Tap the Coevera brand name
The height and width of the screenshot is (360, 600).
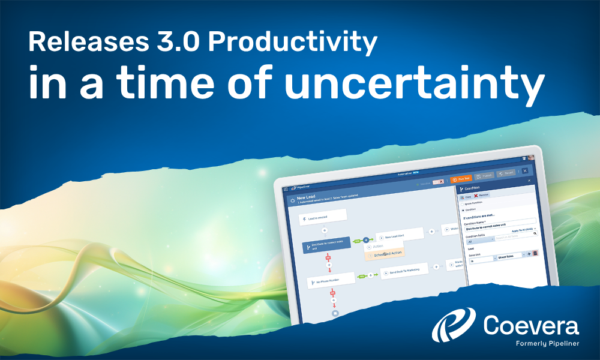coord(531,326)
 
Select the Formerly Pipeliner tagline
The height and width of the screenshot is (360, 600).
coord(546,344)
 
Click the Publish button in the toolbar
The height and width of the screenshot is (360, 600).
coord(484,176)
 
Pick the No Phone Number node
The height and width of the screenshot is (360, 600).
coord(329,280)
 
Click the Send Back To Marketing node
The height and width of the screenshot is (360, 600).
coord(404,271)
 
